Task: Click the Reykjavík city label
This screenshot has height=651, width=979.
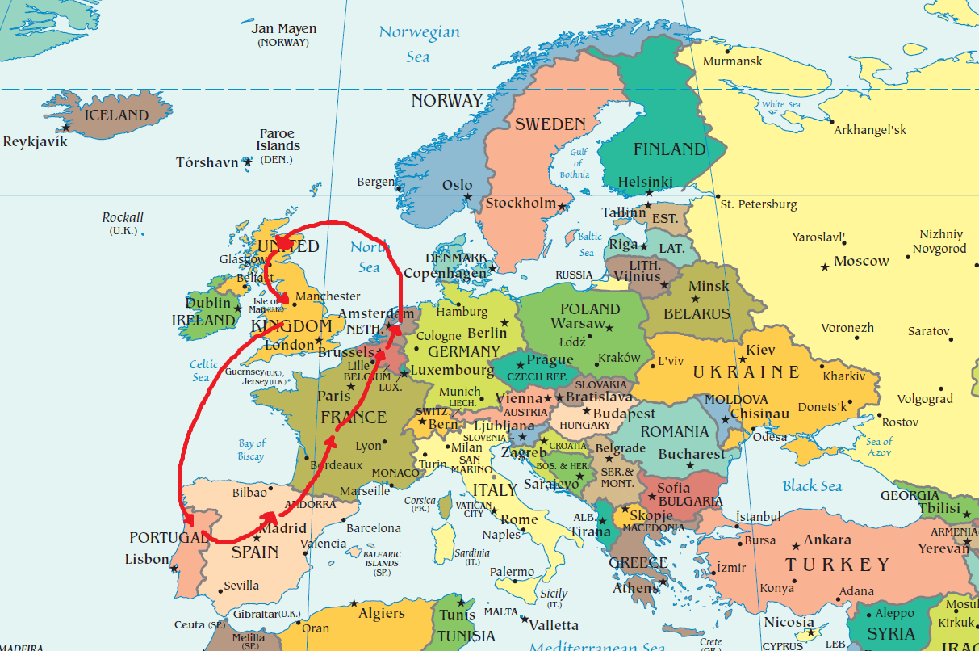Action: coord(36,141)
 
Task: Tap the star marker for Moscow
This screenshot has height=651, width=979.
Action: coord(825,267)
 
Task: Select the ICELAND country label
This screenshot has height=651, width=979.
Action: coord(117,115)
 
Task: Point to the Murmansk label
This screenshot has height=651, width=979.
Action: coord(732,61)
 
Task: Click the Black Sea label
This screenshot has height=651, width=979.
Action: coord(812,485)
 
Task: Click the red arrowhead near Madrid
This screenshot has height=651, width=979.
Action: coord(270,519)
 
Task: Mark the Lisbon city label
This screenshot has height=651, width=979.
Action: coord(147,559)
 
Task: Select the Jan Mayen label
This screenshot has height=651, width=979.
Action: coord(283,29)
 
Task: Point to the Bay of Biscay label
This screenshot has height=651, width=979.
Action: coord(252,449)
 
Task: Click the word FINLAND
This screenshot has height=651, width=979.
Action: coord(669,149)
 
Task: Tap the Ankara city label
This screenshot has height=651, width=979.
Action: coord(827,540)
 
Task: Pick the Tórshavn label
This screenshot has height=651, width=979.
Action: coord(207,162)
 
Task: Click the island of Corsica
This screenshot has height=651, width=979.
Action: coord(445,506)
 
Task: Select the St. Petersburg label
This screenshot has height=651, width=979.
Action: coord(758,204)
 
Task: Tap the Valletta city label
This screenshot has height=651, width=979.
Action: coord(554,625)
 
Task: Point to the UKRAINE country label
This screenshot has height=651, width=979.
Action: coord(746,372)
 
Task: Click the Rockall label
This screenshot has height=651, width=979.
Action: coord(123,217)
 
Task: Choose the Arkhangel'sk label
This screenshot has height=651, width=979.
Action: coord(870,130)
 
